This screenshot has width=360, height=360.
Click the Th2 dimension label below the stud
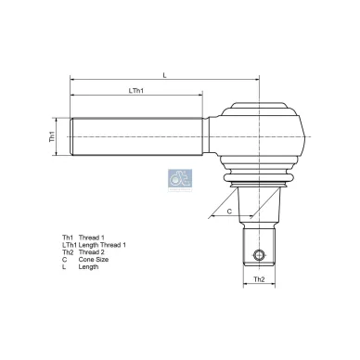[262, 280]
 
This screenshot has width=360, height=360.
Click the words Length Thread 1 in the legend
[103, 244]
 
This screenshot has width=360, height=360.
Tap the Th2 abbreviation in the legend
[67, 251]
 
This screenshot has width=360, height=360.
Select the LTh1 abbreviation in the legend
[69, 244]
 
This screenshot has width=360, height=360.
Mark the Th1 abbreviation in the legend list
[67, 237]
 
